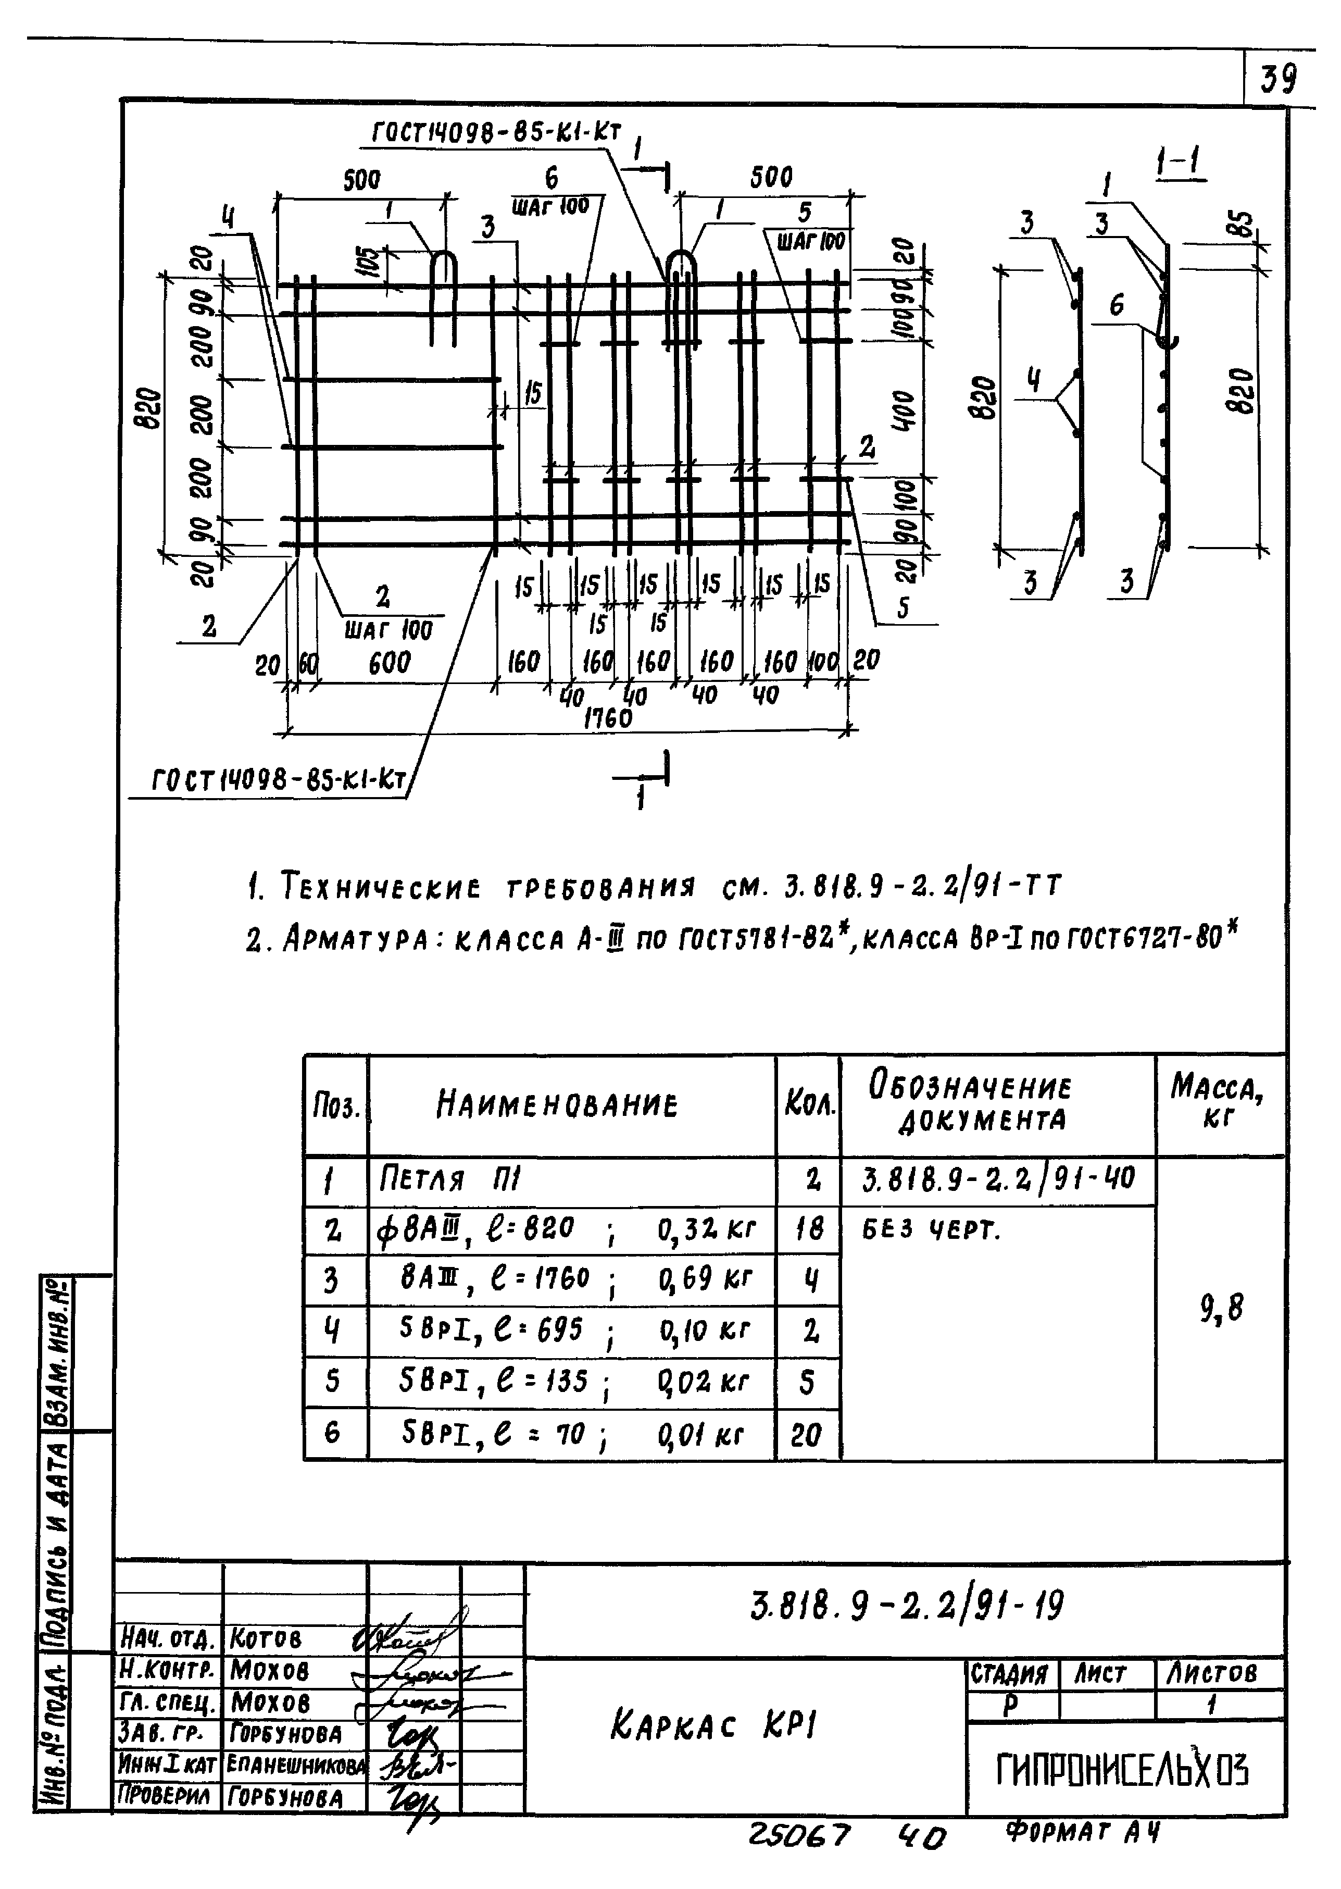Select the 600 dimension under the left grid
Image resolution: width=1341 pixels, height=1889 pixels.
(x=390, y=663)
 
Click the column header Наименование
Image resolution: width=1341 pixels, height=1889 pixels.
(x=557, y=1104)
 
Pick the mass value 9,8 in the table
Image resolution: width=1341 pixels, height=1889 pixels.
(x=1221, y=1308)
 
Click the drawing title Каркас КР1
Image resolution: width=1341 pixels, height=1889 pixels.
(x=715, y=1724)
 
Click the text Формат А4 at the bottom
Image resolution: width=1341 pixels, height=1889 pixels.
(x=1083, y=1833)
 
